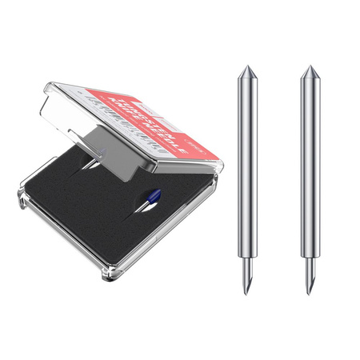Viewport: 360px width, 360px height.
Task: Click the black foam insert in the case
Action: [x=88, y=208]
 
